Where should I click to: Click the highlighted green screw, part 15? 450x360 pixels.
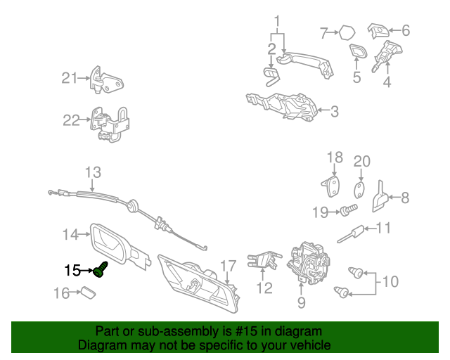101,269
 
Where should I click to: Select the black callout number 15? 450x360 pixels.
72,271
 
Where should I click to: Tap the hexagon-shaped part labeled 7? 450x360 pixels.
347,33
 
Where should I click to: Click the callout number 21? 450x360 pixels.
70,78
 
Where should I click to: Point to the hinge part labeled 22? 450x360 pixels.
110,125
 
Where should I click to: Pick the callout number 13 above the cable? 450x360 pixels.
93,172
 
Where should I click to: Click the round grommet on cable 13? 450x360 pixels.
132,205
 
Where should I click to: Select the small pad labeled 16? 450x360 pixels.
89,292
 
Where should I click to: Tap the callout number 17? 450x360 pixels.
228,266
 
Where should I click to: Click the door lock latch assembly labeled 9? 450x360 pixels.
309,263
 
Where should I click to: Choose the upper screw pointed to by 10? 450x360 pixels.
356,272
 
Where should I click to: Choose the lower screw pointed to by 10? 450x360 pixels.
342,292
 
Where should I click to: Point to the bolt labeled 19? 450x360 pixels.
349,210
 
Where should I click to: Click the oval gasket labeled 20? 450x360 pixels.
359,190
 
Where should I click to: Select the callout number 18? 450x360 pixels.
335,157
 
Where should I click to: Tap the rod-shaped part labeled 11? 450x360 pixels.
350,234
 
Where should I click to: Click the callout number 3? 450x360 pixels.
335,111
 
